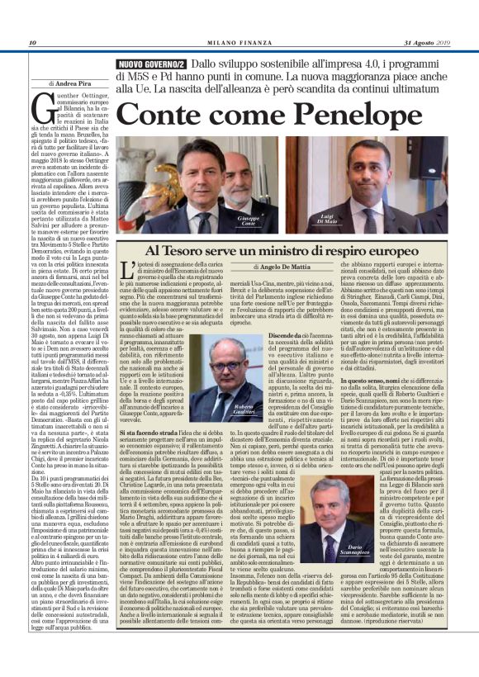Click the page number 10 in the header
coord(32,43)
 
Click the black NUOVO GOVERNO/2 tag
coord(151,64)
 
